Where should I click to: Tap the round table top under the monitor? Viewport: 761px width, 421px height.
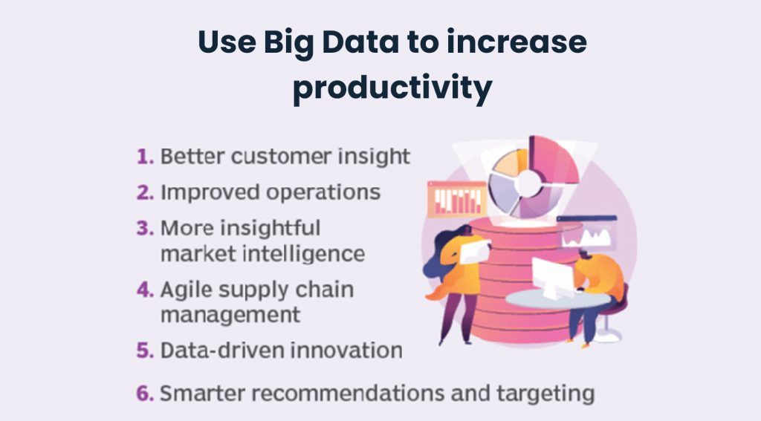(x=557, y=299)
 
